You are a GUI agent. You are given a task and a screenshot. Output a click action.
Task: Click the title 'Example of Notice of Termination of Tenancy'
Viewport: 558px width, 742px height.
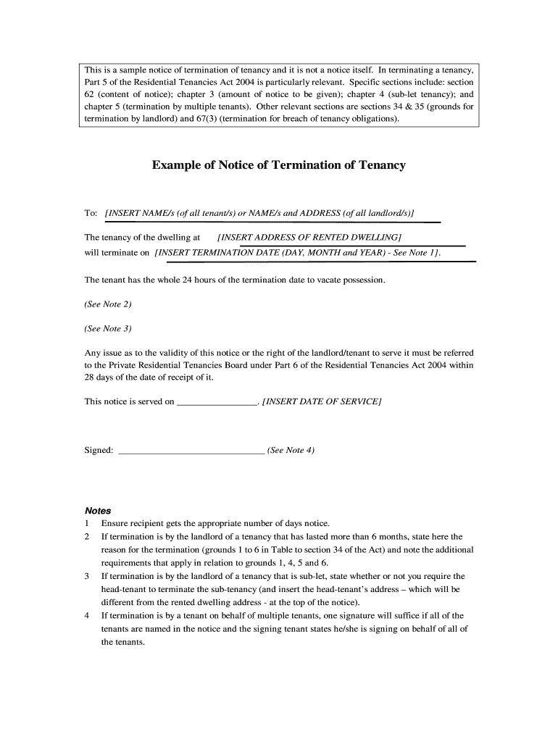278,165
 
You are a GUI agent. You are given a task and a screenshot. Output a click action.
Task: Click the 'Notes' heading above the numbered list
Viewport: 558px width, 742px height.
98,510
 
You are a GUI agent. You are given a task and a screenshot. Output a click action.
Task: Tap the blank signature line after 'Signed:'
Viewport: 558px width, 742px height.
191,451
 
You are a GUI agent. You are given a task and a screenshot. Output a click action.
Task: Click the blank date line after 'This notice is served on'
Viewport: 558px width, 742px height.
217,401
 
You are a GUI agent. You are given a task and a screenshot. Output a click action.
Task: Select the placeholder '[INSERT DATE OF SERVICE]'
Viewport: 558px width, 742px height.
322,401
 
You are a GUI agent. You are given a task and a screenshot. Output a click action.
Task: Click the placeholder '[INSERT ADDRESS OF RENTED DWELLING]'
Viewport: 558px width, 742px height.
309,237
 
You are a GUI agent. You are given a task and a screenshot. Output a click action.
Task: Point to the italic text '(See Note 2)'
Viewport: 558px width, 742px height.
108,304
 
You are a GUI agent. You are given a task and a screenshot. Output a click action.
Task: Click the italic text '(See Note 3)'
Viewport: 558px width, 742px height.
108,328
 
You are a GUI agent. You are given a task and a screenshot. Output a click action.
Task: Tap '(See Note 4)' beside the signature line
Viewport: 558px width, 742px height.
291,450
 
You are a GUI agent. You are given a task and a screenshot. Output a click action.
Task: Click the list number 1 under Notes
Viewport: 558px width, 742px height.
87,523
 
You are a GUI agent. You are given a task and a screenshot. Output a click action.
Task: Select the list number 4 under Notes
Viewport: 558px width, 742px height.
87,615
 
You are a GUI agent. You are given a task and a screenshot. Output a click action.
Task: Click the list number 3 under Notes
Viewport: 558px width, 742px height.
87,576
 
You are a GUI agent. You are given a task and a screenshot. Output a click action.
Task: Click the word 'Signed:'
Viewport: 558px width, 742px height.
99,450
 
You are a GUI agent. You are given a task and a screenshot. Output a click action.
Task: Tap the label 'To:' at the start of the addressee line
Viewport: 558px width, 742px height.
91,213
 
